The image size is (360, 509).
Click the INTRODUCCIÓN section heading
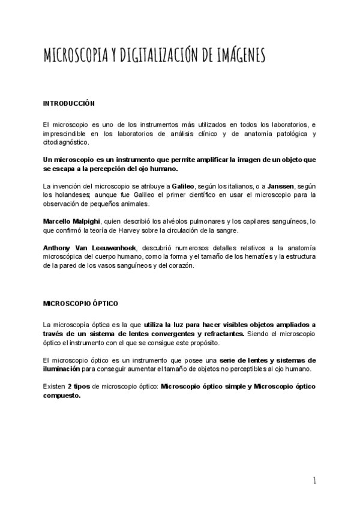click(x=69, y=104)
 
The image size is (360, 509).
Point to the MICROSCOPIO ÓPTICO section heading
click(x=80, y=304)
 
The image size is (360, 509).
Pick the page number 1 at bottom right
click(x=314, y=480)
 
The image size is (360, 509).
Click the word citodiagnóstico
click(x=65, y=142)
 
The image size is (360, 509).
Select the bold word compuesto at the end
click(x=62, y=396)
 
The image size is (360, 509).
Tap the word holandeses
click(x=71, y=195)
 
